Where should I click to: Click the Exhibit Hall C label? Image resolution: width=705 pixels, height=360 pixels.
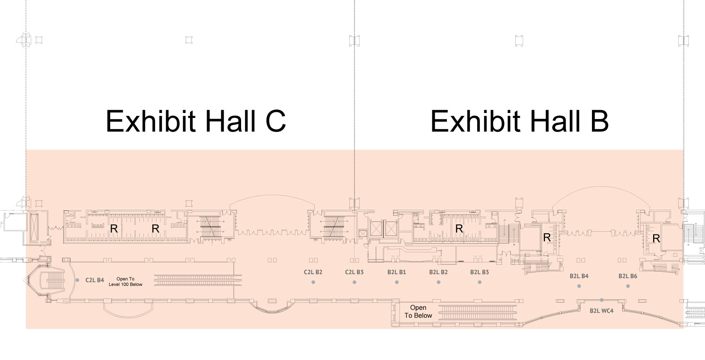pyautogui.click(x=196, y=121)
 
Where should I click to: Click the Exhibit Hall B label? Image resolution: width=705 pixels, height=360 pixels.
pyautogui.click(x=519, y=121)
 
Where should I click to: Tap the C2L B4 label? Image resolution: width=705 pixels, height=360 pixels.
pyautogui.click(x=95, y=280)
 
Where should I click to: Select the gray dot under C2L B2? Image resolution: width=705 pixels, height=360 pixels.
pyautogui.click(x=313, y=282)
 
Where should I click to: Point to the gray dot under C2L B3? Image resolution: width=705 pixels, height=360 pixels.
pyautogui.click(x=354, y=282)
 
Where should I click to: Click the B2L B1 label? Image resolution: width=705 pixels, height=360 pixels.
pyautogui.click(x=396, y=272)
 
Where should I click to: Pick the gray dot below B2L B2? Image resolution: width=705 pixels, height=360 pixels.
pyautogui.click(x=438, y=282)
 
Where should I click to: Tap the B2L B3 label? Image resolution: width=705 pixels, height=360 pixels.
pyautogui.click(x=479, y=272)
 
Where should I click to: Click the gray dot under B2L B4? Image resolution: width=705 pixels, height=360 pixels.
pyautogui.click(x=579, y=286)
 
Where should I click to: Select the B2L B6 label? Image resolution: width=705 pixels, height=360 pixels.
pyautogui.click(x=628, y=276)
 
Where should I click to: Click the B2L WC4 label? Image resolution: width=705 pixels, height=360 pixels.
pyautogui.click(x=601, y=311)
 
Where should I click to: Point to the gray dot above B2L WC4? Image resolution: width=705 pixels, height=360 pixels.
pyautogui.click(x=602, y=300)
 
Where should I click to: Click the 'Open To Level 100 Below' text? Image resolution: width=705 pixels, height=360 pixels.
pyautogui.click(x=126, y=281)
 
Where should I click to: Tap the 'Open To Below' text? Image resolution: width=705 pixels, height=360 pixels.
pyautogui.click(x=418, y=312)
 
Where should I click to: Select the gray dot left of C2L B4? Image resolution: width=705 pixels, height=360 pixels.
pyautogui.click(x=77, y=280)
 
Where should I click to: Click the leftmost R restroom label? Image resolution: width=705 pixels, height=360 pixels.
pyautogui.click(x=114, y=229)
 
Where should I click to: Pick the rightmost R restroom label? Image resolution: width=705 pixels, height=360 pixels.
pyautogui.click(x=656, y=239)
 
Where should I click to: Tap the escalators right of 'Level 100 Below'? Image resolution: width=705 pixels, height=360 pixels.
pyautogui.click(x=198, y=279)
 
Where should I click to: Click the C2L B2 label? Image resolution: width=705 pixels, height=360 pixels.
pyautogui.click(x=313, y=272)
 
